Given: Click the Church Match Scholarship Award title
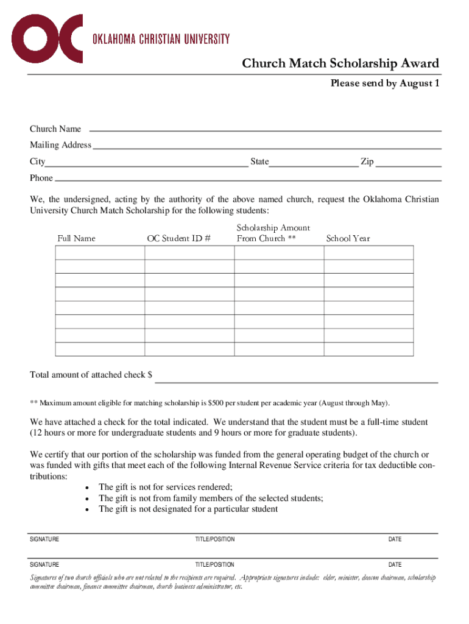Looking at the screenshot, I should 340,64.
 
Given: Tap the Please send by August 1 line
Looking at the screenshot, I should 384,83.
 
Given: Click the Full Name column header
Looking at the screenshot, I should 76,238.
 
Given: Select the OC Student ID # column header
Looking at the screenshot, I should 179,238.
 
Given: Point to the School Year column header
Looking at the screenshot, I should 348,238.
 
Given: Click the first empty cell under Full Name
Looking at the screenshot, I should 100,253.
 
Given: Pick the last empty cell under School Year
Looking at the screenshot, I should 368,349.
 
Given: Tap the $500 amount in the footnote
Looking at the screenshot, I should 217,403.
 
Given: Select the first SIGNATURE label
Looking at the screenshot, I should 44,539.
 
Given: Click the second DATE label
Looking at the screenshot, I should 395,564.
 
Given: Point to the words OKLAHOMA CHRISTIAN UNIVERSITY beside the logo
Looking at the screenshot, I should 161,40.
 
